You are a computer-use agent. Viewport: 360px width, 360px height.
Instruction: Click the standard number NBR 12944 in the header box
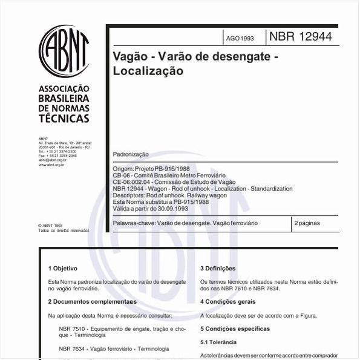click(x=300, y=37)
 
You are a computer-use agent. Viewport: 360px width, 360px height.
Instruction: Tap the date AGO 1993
click(x=240, y=38)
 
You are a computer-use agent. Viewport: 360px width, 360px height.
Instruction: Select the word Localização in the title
click(x=148, y=70)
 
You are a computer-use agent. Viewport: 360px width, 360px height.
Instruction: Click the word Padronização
click(x=131, y=155)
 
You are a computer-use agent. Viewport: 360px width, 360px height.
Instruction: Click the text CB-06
click(x=121, y=175)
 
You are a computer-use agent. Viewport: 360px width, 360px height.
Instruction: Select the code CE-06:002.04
click(x=133, y=182)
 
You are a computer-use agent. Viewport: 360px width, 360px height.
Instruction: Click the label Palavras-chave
click(x=134, y=223)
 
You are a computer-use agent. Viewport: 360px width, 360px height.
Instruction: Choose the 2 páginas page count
click(x=307, y=223)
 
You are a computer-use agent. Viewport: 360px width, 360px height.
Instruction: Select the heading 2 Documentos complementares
click(x=92, y=301)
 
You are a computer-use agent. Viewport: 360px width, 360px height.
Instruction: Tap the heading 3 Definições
click(x=218, y=268)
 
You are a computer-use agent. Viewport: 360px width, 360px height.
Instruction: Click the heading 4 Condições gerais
click(x=229, y=301)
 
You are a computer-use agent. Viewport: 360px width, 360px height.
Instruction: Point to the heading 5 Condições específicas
click(x=235, y=329)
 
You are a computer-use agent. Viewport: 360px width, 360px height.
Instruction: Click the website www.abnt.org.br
click(x=52, y=164)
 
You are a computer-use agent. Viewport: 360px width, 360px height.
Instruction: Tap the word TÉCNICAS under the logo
click(x=64, y=119)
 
